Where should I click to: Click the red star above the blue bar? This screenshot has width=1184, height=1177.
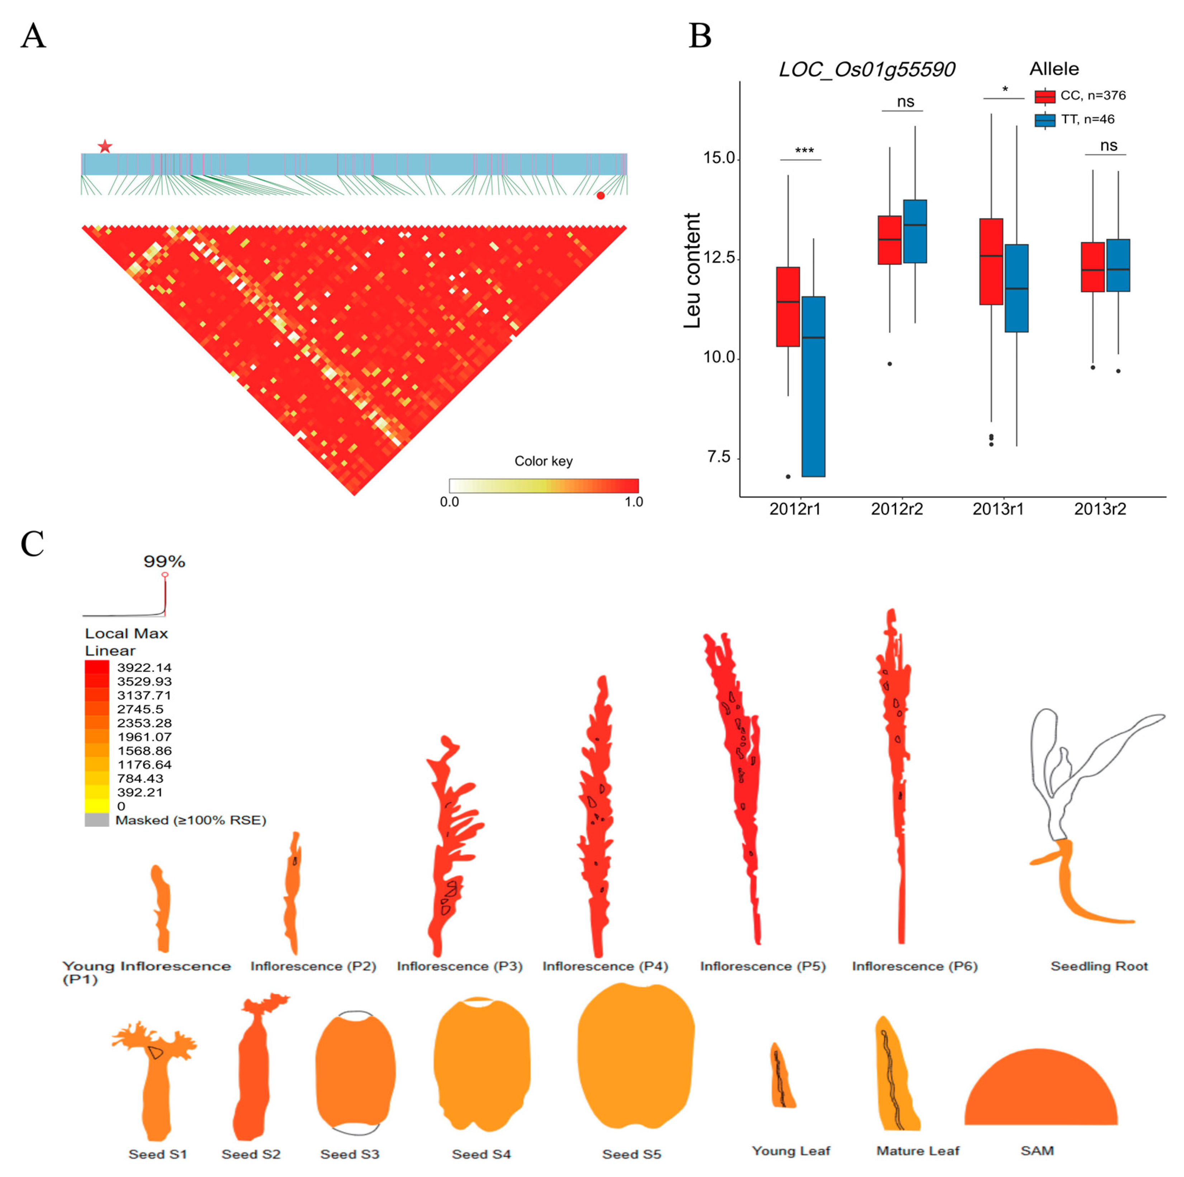105,147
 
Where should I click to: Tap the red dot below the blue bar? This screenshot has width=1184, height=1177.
601,195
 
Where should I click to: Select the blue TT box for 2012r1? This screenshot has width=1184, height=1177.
813,386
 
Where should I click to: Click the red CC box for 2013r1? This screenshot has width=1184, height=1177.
991,262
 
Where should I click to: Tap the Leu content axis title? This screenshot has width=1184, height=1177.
692,270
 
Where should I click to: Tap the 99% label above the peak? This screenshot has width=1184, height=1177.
164,561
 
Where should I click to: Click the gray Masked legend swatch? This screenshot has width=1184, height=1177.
97,820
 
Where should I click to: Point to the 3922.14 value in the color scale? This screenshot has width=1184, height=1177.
144,667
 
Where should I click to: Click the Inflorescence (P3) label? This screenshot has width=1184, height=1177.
460,966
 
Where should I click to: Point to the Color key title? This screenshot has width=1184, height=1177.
543,461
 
